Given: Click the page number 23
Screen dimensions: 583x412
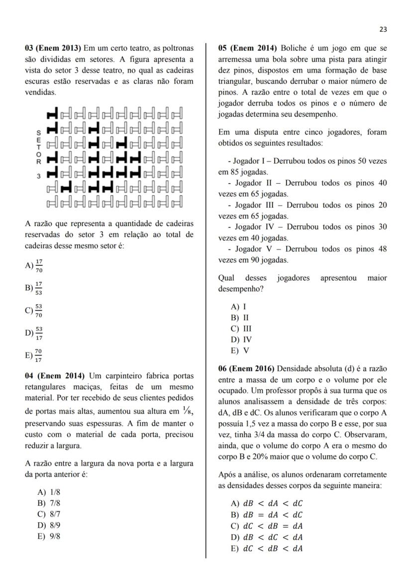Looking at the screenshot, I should pyautogui.click(x=383, y=29).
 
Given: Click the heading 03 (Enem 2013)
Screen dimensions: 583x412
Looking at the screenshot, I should pyautogui.click(x=53, y=48).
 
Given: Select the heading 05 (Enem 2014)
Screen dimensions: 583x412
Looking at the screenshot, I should pyautogui.click(x=247, y=48).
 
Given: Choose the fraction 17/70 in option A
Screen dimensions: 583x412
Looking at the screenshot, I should pyautogui.click(x=39, y=267).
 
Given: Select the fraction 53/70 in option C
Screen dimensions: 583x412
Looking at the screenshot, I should pyautogui.click(x=39, y=311).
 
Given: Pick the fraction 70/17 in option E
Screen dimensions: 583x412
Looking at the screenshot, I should pyautogui.click(x=39, y=355).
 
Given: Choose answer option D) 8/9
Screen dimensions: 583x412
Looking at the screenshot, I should pyautogui.click(x=48, y=525).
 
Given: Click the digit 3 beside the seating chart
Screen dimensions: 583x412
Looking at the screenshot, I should pyautogui.click(x=38, y=176).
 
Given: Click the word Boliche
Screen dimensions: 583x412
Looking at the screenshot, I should pyautogui.click(x=294, y=48).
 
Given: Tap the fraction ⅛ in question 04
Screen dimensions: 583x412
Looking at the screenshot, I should pyautogui.click(x=187, y=412).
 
